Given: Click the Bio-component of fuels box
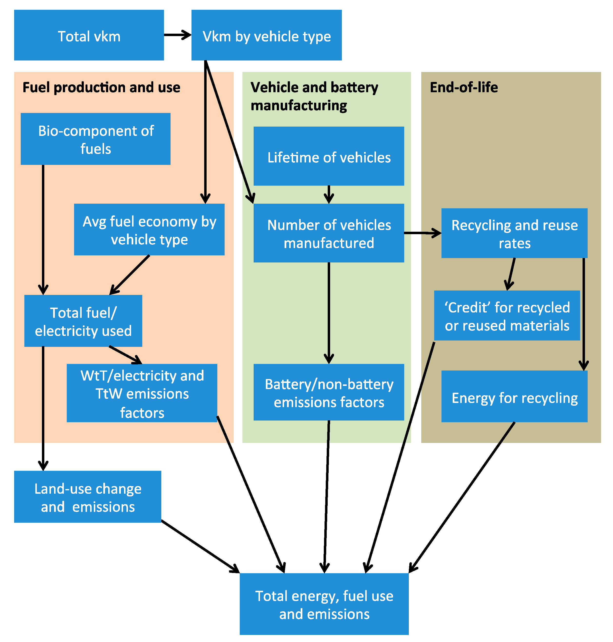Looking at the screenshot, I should click(96, 139).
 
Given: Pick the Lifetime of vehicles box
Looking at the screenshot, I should click(329, 156).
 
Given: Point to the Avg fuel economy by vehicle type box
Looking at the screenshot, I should click(149, 230).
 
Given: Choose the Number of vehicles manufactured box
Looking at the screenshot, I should click(329, 233).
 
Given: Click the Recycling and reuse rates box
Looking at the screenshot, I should click(514, 233).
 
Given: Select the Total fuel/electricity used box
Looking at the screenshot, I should click(83, 321).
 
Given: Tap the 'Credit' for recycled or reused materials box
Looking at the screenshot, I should click(507, 316).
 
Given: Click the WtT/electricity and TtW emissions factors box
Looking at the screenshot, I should click(142, 393).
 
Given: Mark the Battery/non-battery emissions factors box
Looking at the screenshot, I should click(329, 392).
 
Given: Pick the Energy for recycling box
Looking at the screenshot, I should click(514, 396).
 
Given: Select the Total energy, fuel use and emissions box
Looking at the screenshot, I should click(324, 604).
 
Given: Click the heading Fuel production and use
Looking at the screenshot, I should click(101, 87).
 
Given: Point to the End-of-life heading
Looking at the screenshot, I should click(464, 87).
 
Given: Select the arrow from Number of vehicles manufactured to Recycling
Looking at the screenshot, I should click(422, 233).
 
